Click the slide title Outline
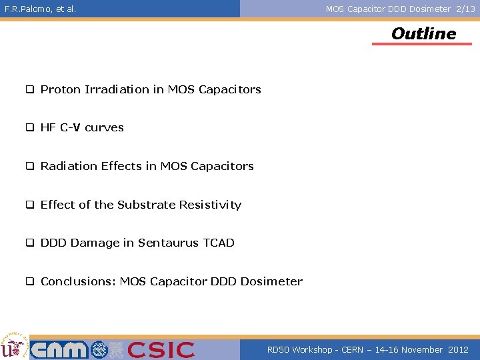pos(423,33)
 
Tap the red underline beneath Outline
pos(421,44)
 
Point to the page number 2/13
pos(465,9)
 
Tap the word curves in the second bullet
pos(104,127)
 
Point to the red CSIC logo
pos(161,349)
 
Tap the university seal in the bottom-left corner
pos(13,345)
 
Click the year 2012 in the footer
pos(458,349)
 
